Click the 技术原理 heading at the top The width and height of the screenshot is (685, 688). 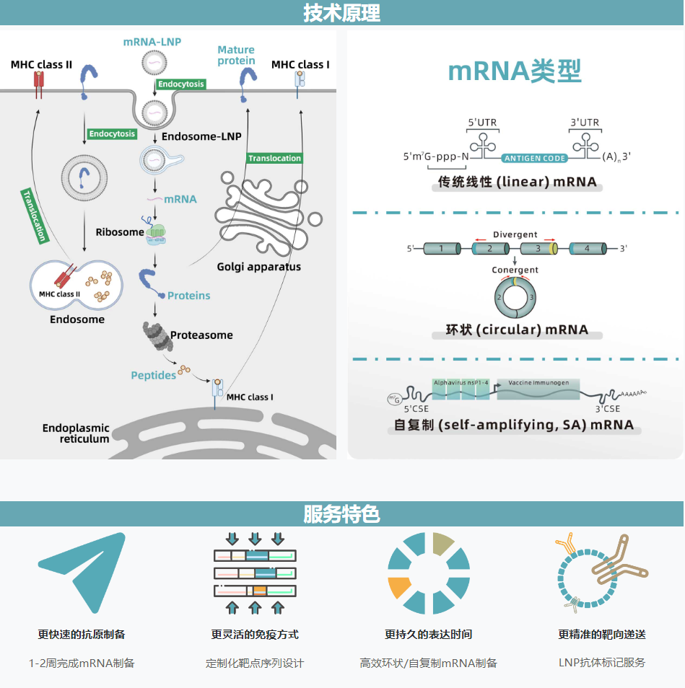click(341, 13)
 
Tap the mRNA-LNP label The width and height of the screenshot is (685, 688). click(152, 42)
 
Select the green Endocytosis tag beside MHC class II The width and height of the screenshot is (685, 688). click(112, 134)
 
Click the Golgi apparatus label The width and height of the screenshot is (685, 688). click(259, 267)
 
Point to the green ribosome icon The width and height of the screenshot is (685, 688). click(157, 232)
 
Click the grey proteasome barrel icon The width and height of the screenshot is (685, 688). click(154, 336)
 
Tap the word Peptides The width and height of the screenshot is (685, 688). click(153, 375)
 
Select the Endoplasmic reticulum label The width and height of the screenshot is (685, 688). click(76, 433)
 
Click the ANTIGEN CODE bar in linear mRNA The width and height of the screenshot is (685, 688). click(535, 158)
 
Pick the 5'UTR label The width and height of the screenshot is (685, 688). click(482, 123)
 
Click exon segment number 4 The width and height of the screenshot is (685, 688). click(587, 249)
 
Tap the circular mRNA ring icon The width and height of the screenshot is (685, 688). click(514, 296)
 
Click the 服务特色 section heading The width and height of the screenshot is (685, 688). click(341, 514)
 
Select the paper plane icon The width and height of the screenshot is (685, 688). click(82, 571)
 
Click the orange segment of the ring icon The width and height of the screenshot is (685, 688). click(399, 588)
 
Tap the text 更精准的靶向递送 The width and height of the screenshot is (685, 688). click(601, 635)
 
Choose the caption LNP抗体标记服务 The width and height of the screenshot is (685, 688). click(601, 663)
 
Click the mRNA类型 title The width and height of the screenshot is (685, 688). click(515, 71)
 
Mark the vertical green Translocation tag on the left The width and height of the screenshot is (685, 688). click(34, 215)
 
